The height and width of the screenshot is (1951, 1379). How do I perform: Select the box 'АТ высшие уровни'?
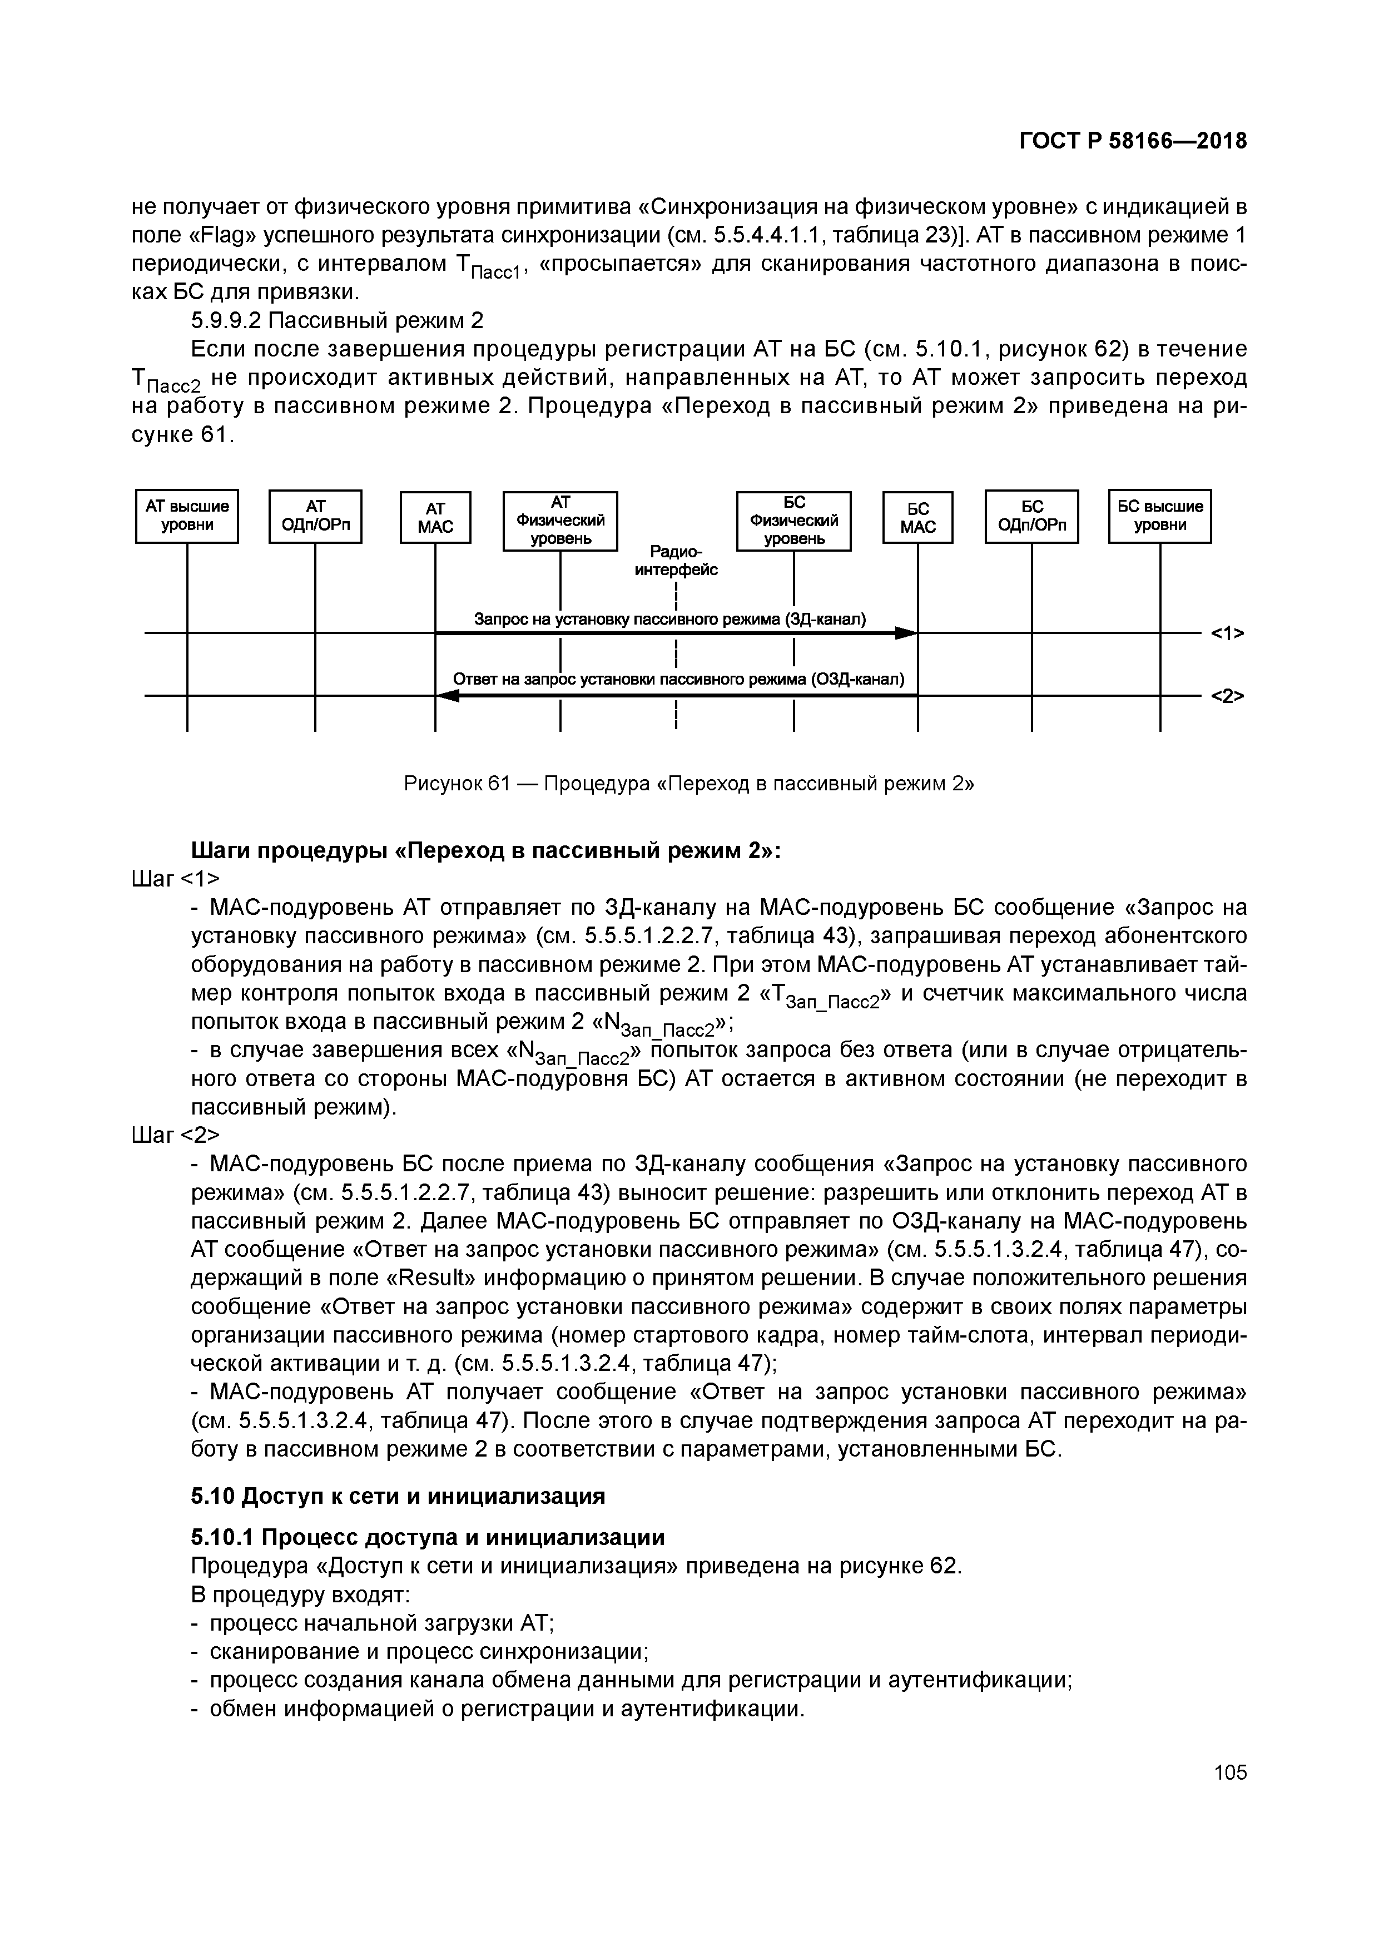point(187,516)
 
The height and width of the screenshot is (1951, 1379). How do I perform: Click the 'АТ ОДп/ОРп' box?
point(315,516)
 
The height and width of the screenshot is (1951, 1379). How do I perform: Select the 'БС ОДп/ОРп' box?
point(1031,516)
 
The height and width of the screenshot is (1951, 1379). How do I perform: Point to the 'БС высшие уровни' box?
point(1160,516)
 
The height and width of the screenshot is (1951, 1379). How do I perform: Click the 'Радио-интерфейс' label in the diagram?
point(676,561)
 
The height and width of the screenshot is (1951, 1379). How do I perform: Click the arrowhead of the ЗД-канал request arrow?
point(907,633)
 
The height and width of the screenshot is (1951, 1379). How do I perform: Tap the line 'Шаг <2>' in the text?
point(176,1135)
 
